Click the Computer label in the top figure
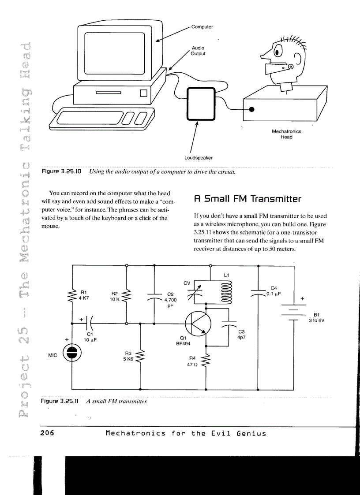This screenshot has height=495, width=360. pyautogui.click(x=202, y=27)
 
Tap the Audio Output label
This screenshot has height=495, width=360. pyautogui.click(x=198, y=51)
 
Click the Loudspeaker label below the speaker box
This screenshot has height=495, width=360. pyautogui.click(x=199, y=157)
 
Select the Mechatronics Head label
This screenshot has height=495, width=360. pyautogui.click(x=286, y=134)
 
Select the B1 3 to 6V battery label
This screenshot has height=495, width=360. pyautogui.click(x=316, y=317)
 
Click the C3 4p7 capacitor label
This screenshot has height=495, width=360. pyautogui.click(x=241, y=334)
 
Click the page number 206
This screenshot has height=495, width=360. pyautogui.click(x=47, y=433)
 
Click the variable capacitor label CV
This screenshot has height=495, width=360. pyautogui.click(x=187, y=283)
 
